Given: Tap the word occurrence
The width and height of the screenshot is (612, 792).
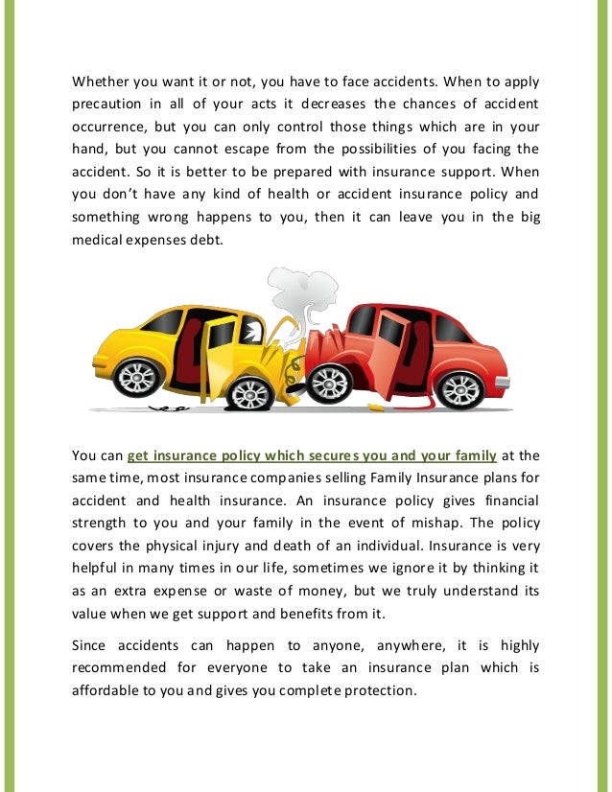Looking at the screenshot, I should [113, 127].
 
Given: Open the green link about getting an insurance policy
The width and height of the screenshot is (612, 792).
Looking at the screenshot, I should [312, 454].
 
